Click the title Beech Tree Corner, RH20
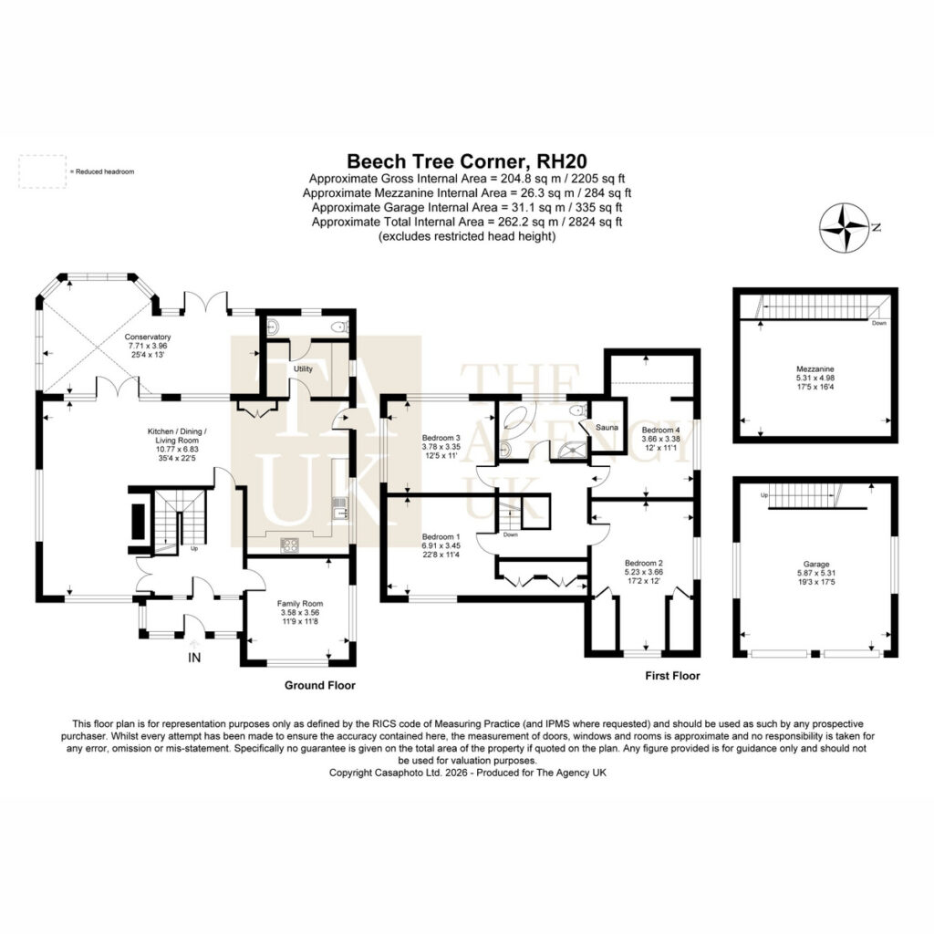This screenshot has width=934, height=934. (x=467, y=161)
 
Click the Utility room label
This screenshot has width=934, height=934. (x=303, y=369)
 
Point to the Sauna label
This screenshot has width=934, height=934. (x=607, y=427)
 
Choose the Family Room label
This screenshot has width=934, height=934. (x=299, y=604)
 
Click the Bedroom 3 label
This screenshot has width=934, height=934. (x=441, y=437)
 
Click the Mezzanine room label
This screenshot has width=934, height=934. (x=815, y=368)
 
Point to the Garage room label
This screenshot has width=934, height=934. (x=816, y=564)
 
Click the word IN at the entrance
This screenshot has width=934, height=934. (x=194, y=658)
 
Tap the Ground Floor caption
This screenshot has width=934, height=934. (x=320, y=685)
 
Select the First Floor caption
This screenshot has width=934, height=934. (x=672, y=676)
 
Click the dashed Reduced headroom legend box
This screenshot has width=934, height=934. (x=42, y=171)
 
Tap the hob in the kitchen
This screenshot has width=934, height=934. (x=290, y=545)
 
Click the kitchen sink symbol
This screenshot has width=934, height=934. (x=340, y=508)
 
